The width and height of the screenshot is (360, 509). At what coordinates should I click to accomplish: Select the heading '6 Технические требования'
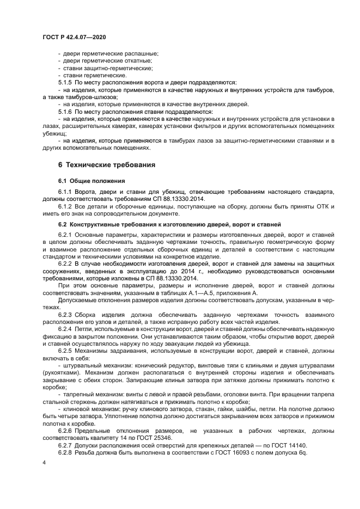coord(107,164)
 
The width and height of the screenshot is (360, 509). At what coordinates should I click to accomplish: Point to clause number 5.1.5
coord(65,82)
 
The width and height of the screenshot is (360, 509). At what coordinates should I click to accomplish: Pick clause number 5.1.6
coord(65,111)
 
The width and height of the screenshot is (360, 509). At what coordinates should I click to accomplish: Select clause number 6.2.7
coord(65,445)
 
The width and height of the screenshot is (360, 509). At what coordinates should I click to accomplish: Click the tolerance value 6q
coord(303,452)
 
